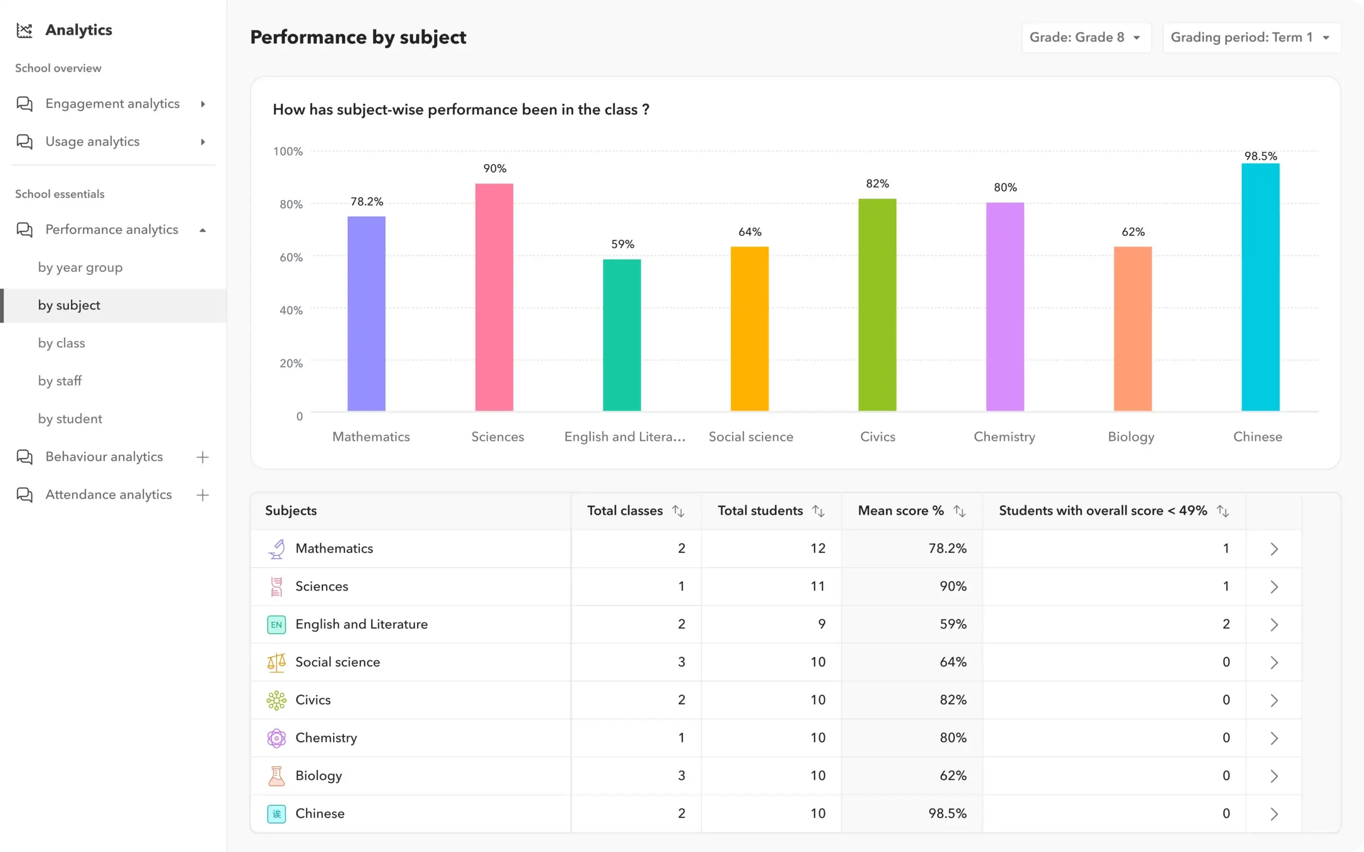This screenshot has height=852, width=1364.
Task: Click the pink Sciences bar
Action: [x=494, y=297]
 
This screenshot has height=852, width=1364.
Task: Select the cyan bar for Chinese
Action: [x=1260, y=287]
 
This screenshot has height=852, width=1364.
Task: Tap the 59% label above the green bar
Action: [x=622, y=244]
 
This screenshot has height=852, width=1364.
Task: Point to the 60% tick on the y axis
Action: [x=291, y=258]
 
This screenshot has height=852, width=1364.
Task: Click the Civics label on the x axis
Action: [x=877, y=437]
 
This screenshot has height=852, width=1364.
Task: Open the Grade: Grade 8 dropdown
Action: [x=1085, y=37]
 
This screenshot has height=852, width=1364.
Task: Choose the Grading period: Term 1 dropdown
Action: [x=1251, y=37]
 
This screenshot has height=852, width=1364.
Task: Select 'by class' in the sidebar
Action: [x=61, y=343]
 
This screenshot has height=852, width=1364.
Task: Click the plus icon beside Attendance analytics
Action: [x=202, y=495]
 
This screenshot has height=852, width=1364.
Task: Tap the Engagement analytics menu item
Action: [x=112, y=104]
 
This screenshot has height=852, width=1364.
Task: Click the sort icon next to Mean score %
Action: [x=959, y=511]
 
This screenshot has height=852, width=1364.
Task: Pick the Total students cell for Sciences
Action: [x=817, y=586]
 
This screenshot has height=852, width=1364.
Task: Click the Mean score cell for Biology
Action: [x=953, y=775]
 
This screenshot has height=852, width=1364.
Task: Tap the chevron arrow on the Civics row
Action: [x=1274, y=700]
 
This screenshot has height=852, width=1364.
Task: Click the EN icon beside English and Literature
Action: [x=276, y=624]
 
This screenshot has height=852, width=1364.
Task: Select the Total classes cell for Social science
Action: [x=681, y=662]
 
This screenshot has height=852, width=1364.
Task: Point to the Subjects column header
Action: [x=291, y=511]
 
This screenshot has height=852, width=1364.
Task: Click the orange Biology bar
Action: [x=1132, y=329]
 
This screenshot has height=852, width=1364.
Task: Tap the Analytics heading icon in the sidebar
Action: [x=24, y=30]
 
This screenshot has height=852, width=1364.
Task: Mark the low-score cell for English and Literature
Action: [x=1225, y=624]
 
